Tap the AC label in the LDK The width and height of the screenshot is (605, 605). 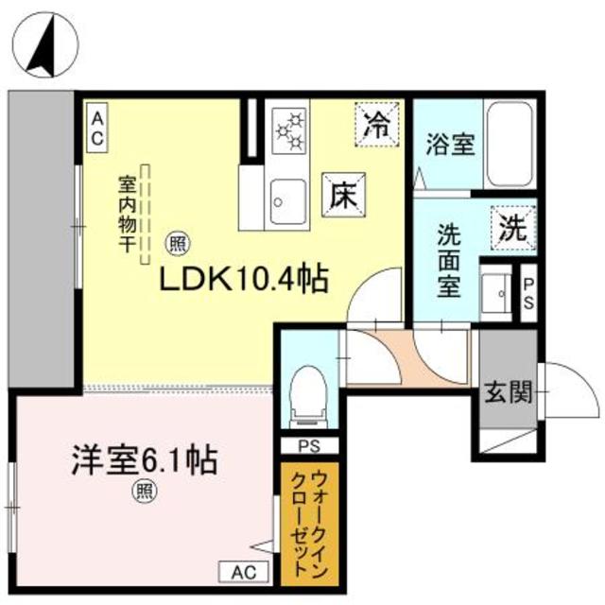coord(97,127)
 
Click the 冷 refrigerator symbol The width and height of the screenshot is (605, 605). coord(377,125)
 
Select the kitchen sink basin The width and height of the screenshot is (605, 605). coord(284,199)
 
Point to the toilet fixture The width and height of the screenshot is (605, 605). coord(307,395)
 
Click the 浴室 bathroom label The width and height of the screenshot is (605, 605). coord(449,147)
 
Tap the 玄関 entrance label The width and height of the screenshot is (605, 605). coord(507,390)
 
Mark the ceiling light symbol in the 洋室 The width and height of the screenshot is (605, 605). coord(144,491)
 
